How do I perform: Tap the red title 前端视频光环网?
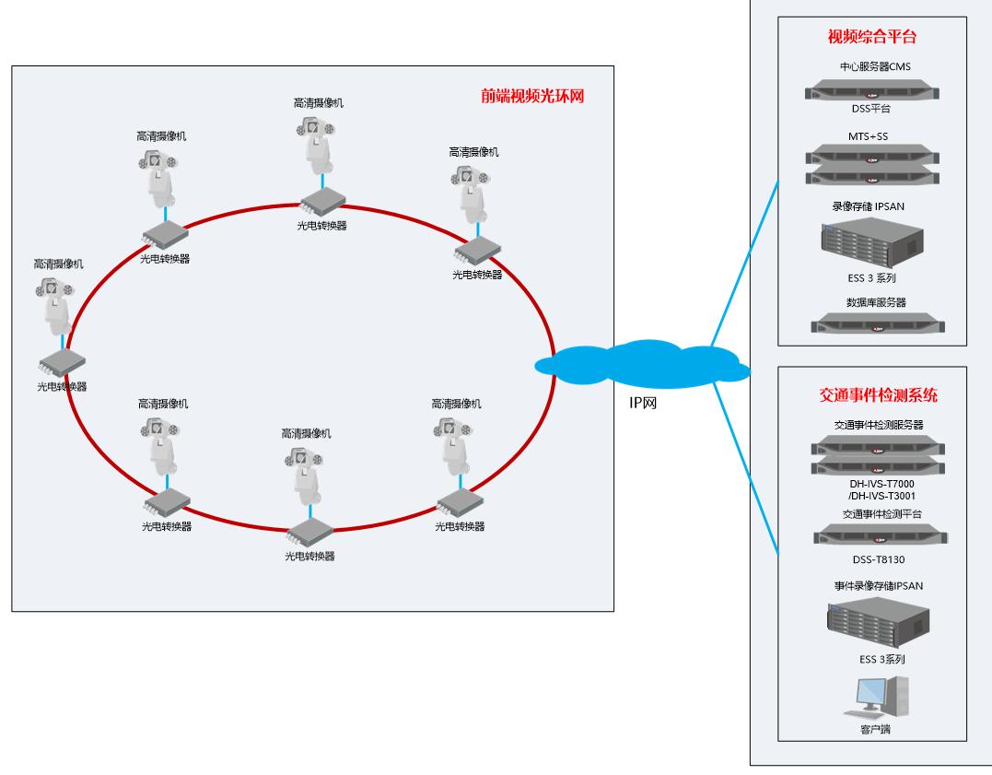tap(533, 96)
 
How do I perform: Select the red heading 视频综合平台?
tap(872, 38)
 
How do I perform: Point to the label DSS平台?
tap(871, 109)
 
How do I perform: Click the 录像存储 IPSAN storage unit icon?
tap(871, 242)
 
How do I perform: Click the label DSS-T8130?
tap(871, 558)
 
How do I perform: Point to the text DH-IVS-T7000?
tap(871, 484)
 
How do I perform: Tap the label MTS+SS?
tap(869, 137)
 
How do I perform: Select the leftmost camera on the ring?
tap(58, 303)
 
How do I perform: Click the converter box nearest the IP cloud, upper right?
tap(477, 247)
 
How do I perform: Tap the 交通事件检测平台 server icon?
tap(871, 535)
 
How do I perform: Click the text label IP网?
tap(642, 403)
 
